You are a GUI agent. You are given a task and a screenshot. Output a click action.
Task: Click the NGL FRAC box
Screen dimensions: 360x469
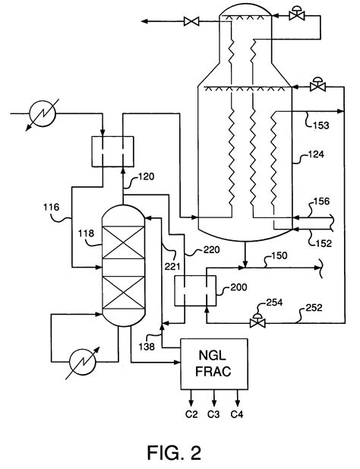pos(214,364)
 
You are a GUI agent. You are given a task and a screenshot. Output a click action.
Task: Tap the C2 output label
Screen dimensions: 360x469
pos(191,414)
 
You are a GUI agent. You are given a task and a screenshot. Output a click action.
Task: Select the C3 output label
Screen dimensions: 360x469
pos(213,414)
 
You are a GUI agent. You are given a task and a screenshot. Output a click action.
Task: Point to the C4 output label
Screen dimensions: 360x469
pos(237,414)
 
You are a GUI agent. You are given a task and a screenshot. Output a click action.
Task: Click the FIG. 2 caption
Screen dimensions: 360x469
pos(174,452)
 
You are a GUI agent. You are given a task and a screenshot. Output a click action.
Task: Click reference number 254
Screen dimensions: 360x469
pos(274,303)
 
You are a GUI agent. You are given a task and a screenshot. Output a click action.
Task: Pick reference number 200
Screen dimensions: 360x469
pos(238,287)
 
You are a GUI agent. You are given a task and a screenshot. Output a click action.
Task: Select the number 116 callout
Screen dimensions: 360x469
pos(52,207)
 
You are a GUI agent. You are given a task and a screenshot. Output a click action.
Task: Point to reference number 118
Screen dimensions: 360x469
pos(86,233)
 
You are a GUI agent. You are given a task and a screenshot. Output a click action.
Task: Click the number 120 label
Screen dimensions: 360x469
pos(146,176)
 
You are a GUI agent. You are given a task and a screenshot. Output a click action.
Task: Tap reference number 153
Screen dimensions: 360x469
pos(321,125)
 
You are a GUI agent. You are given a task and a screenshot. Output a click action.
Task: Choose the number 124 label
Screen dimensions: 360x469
pos(316,154)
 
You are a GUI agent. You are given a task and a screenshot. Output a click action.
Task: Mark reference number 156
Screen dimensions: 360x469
pos(321,201)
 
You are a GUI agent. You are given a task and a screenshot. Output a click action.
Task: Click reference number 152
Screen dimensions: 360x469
pos(324,243)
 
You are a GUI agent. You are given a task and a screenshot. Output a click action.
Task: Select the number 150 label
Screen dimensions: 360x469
pos(279,255)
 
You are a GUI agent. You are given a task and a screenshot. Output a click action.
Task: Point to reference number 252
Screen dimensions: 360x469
pos(314,308)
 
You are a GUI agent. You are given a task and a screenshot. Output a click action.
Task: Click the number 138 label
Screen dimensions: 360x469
pos(147,347)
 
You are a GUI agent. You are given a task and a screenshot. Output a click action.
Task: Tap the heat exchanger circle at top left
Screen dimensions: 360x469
pos(43,114)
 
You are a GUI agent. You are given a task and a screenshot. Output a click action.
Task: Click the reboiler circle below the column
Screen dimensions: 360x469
pos(83,362)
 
